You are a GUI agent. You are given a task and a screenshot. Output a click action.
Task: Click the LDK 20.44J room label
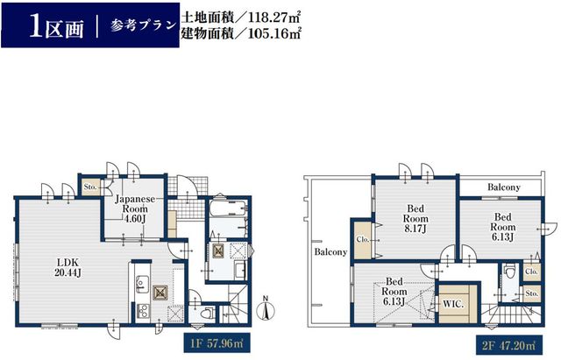(68, 267)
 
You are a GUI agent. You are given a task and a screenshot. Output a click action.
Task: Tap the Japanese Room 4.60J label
(134, 208)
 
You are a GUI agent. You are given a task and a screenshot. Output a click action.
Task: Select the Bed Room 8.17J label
(415, 218)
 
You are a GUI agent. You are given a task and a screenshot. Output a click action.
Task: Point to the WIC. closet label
(453, 305)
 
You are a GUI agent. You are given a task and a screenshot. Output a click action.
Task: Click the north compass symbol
(266, 307)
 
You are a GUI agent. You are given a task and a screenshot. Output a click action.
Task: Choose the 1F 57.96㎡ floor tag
(217, 343)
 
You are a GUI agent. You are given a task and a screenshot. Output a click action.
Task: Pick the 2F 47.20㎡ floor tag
(509, 345)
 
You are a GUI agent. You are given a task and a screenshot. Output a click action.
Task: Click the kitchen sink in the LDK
(142, 284)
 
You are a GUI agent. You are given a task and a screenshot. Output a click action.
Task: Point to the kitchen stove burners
(142, 311)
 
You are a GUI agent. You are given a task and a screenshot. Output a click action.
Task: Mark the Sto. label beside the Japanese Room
(90, 187)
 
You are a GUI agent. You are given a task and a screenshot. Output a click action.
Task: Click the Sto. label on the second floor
(532, 293)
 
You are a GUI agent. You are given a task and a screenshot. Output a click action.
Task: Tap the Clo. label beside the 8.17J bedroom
(362, 239)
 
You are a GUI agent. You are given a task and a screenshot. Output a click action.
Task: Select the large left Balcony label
(330, 252)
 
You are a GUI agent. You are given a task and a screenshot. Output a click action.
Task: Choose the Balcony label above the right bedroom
(504, 187)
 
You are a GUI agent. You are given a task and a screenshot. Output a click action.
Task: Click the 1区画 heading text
(56, 27)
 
